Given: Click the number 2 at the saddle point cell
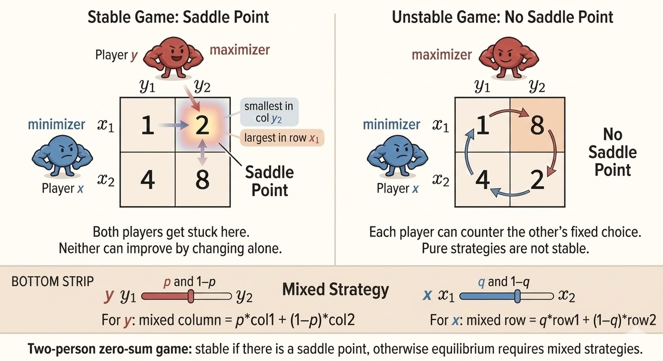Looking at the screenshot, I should (x=202, y=125).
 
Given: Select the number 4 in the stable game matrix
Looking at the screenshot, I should (x=147, y=180).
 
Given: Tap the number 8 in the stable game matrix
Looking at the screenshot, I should (x=202, y=180).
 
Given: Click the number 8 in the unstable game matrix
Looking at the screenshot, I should (x=537, y=125).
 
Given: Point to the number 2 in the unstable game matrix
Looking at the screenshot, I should (x=537, y=180).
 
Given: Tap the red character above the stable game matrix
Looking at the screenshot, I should (x=169, y=60).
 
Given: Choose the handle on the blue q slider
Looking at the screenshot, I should (x=517, y=297).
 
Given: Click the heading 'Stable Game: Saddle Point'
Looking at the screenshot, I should (x=178, y=17).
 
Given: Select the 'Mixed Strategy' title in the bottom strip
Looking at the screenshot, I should (x=335, y=290).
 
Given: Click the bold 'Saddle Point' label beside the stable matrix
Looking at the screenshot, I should (x=269, y=181).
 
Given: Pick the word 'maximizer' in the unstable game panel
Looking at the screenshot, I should (x=442, y=55).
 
